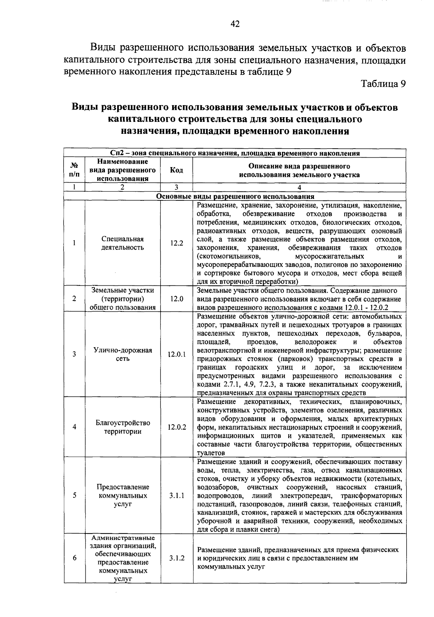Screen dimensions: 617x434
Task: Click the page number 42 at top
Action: (x=235, y=24)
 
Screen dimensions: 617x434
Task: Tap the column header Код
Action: (x=176, y=170)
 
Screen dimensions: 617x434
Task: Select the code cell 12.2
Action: (x=176, y=243)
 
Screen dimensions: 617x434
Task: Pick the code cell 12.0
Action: (x=176, y=299)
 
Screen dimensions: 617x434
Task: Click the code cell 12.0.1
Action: (x=176, y=354)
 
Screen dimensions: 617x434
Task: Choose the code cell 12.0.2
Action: (x=176, y=427)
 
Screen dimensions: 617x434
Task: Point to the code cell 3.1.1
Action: (x=176, y=495)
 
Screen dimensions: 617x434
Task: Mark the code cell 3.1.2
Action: (x=176, y=558)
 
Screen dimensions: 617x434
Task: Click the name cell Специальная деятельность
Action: (x=123, y=243)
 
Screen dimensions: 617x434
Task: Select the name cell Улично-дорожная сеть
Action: (x=123, y=354)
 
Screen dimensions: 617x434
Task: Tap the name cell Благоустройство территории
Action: (x=123, y=427)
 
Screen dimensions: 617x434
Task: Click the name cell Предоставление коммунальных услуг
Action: (x=123, y=495)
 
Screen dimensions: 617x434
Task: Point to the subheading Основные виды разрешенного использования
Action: (x=235, y=196)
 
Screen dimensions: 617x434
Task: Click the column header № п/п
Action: (x=74, y=170)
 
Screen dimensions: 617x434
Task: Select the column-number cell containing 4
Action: (x=299, y=187)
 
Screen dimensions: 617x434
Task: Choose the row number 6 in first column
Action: (x=74, y=558)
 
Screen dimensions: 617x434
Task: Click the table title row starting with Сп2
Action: (x=235, y=153)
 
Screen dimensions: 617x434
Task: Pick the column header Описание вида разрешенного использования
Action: (x=299, y=171)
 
